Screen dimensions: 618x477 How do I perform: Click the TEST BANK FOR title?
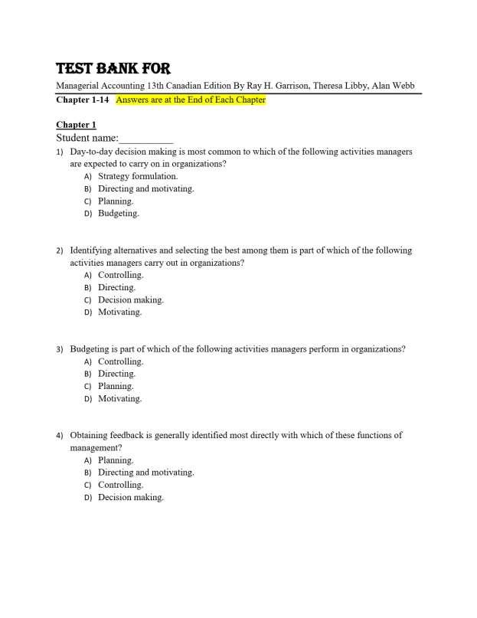pos(113,69)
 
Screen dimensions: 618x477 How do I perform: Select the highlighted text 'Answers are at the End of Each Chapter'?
pos(191,100)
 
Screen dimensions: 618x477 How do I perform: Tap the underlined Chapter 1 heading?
pos(76,125)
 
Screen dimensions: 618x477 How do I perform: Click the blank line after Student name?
pos(146,139)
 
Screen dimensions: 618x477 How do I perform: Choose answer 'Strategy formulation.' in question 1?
pos(138,176)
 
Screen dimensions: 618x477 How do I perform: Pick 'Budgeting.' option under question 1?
pos(119,214)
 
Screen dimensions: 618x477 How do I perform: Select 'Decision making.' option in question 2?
pos(131,300)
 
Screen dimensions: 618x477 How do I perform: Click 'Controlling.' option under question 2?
pos(120,275)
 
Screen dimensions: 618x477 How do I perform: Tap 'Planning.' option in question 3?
pos(116,386)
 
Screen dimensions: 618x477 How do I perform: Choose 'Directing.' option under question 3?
pos(116,374)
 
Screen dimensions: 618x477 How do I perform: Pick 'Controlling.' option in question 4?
pos(120,485)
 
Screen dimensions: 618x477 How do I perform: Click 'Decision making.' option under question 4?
pos(131,497)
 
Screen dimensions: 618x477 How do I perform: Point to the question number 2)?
pos(60,250)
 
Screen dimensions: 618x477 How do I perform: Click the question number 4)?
pos(60,436)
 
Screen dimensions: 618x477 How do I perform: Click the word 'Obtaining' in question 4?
pos(90,435)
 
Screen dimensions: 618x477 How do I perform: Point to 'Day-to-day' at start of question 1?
pos(91,152)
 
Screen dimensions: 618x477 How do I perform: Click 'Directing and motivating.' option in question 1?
pos(145,188)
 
